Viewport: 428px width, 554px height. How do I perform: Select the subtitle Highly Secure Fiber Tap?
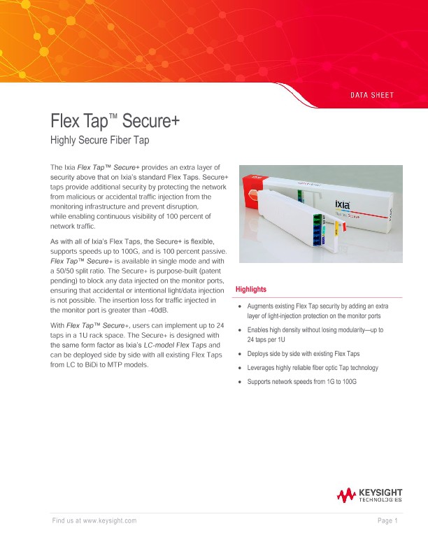[x=101, y=141]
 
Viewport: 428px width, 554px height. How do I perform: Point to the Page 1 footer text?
[x=387, y=520]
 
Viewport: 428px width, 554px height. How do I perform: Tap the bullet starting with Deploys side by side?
[x=304, y=354]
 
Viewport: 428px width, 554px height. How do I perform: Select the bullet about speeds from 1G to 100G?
[x=302, y=382]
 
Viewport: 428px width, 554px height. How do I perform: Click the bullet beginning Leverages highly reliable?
[x=313, y=368]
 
